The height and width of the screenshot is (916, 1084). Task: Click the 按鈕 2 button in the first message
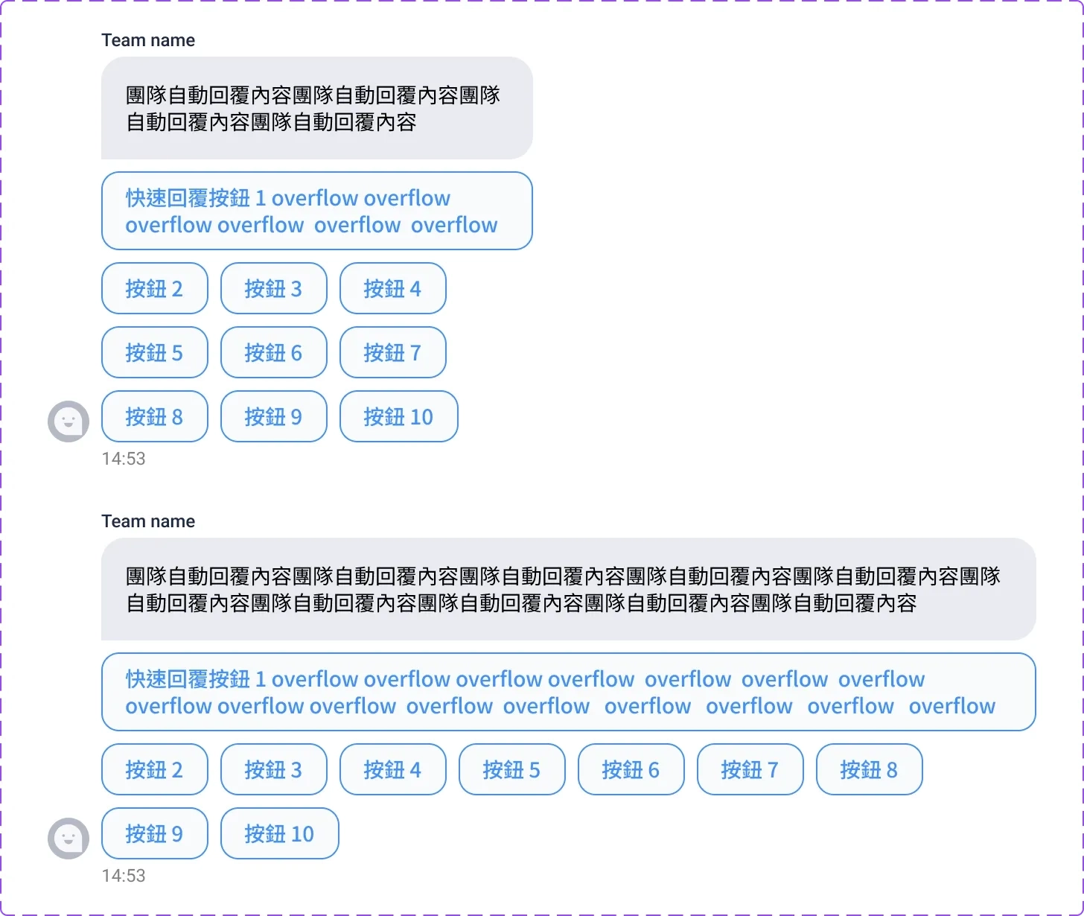point(154,288)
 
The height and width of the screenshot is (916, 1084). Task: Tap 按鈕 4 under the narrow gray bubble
point(392,288)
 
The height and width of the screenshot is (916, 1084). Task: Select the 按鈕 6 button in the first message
point(273,352)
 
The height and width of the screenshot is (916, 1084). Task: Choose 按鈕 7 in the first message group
point(392,352)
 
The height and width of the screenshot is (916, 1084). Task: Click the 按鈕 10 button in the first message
point(398,416)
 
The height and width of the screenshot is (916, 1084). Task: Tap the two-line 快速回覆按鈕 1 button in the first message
point(316,211)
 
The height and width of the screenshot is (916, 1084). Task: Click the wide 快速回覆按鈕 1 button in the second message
point(568,692)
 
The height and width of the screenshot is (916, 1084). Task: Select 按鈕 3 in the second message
point(273,769)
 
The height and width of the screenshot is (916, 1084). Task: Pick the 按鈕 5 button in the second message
point(511,769)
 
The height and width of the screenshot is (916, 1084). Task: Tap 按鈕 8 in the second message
point(869,769)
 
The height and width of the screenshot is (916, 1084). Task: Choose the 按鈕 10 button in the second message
point(279,833)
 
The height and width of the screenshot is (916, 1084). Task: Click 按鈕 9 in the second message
point(154,833)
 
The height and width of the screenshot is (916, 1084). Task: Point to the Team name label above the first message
point(148,40)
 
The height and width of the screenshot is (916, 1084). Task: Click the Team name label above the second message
point(148,521)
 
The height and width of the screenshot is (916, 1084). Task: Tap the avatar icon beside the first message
point(68,422)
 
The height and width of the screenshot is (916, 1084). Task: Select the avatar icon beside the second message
point(68,839)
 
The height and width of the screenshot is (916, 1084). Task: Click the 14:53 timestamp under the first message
point(124,459)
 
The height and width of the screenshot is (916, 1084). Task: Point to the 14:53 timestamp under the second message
point(124,876)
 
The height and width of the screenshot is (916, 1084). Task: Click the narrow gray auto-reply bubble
point(316,108)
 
